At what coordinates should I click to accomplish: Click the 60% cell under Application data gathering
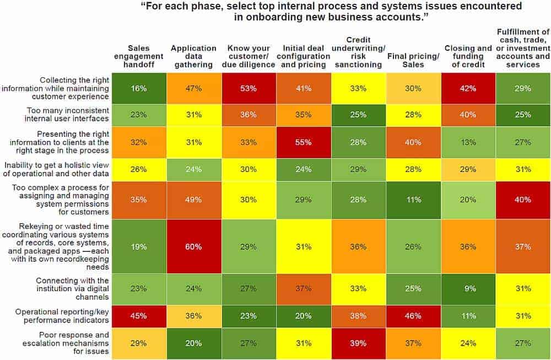[193, 246]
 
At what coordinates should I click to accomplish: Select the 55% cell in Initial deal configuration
[303, 142]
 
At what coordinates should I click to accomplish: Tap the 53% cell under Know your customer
[248, 88]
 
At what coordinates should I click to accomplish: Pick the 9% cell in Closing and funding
[468, 288]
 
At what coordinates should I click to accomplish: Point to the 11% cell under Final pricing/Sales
[413, 200]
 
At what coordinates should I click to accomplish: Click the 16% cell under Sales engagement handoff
[138, 88]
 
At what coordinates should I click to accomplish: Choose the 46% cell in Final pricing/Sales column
[413, 316]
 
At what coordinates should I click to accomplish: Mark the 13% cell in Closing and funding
[468, 142]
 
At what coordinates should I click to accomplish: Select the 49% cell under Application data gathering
[193, 200]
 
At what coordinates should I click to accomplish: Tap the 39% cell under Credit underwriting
[358, 343]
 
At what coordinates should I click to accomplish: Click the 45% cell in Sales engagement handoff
[138, 316]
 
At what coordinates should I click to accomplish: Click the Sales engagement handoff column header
[138, 56]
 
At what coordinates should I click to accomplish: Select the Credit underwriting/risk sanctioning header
[358, 52]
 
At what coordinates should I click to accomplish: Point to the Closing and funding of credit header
[468, 56]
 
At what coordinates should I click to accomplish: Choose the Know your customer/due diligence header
[248, 56]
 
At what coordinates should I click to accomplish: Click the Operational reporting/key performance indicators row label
[61, 316]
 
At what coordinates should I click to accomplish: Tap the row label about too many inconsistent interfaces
[61, 115]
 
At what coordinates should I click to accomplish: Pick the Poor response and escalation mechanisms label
[61, 343]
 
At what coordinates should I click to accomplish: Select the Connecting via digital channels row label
[61, 288]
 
